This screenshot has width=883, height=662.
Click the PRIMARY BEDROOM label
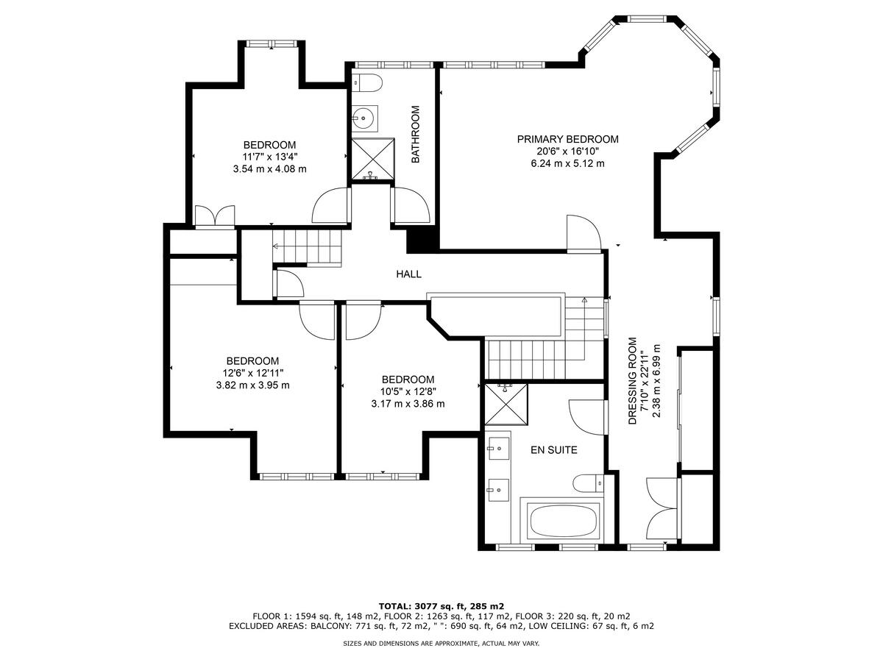pyautogui.click(x=567, y=139)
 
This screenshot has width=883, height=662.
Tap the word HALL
pyautogui.click(x=409, y=274)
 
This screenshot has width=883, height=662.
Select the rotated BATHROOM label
pyautogui.click(x=415, y=134)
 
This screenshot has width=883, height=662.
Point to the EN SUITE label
pyautogui.click(x=554, y=449)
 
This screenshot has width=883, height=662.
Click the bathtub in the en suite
pyautogui.click(x=563, y=522)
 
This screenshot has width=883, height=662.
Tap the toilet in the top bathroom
pyautogui.click(x=366, y=82)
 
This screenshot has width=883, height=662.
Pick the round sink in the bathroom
pyautogui.click(x=364, y=116)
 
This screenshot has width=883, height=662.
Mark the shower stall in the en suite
pyautogui.click(x=507, y=404)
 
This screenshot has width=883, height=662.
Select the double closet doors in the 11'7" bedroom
pyautogui.click(x=214, y=216)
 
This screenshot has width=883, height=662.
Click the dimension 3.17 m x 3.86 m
pyautogui.click(x=408, y=404)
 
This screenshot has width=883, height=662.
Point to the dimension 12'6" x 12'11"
pyautogui.click(x=252, y=373)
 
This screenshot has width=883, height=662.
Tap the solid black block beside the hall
pyautogui.click(x=422, y=239)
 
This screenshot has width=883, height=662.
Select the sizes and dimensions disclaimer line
pyautogui.click(x=441, y=644)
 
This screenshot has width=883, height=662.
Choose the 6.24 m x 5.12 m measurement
pyautogui.click(x=567, y=163)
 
